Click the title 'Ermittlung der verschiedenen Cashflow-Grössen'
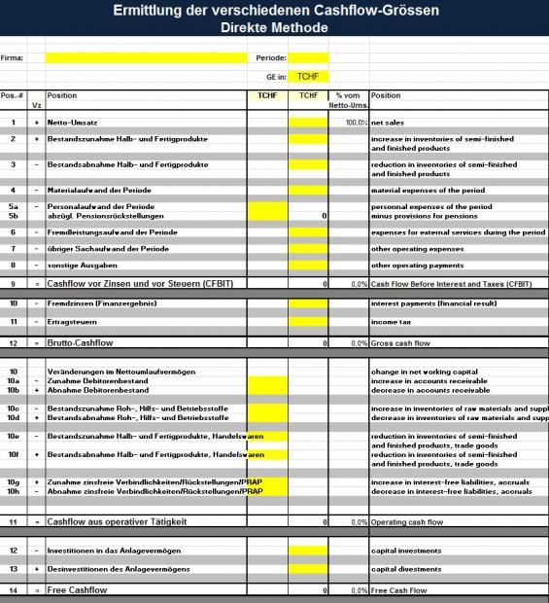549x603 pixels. coord(275,11)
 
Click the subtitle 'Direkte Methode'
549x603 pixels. coord(275,27)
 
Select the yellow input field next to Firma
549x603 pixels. coord(146,57)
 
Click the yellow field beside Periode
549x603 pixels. coord(309,57)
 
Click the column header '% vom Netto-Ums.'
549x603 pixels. coord(348,100)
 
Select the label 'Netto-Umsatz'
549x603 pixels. coord(74,124)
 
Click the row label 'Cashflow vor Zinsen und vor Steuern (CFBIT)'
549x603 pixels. coord(142,284)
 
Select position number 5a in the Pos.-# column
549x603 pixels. coord(14,207)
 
